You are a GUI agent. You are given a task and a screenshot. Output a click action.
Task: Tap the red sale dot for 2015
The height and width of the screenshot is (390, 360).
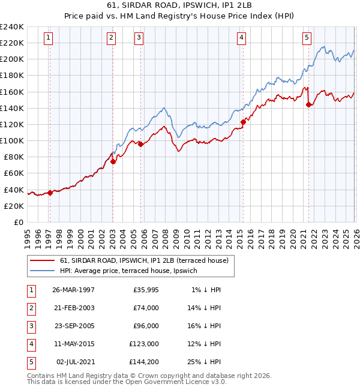(x=243, y=122)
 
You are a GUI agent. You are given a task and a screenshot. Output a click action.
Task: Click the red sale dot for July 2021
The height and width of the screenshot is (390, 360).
(x=308, y=104)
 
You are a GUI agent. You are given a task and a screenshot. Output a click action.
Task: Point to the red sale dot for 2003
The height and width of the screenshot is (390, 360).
(x=113, y=161)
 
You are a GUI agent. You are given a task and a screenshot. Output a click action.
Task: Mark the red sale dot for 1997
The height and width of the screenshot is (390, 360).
(x=50, y=193)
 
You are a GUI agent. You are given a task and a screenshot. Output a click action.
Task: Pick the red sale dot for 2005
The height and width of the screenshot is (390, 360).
(x=140, y=144)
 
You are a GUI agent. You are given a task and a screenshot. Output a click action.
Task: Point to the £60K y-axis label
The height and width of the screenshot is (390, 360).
(x=14, y=173)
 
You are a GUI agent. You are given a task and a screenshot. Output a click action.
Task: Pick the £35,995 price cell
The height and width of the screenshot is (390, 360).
(x=145, y=289)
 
